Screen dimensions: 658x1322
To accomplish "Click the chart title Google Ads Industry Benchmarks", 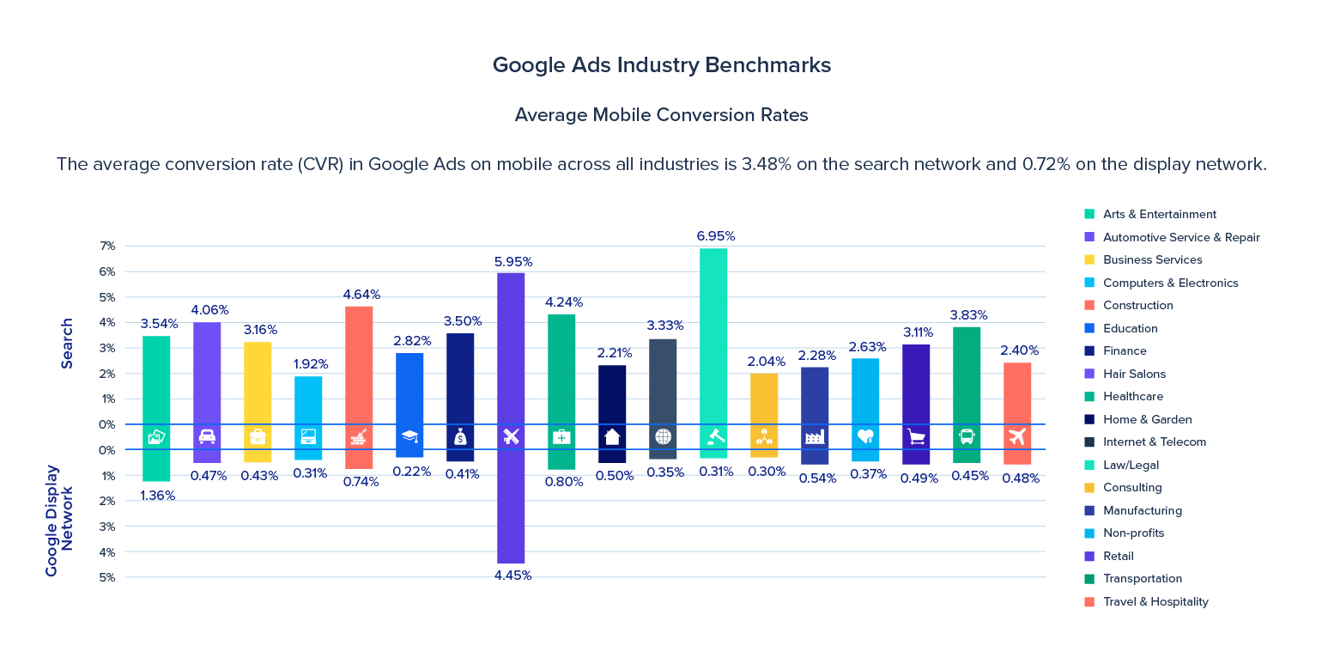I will (661, 65).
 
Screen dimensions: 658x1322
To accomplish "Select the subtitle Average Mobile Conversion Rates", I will (661, 115).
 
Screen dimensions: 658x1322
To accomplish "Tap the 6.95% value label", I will (715, 236).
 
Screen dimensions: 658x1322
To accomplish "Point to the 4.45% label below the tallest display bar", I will (512, 576).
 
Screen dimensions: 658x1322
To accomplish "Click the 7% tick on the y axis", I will (107, 247).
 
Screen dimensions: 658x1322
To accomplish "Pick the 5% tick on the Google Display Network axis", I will (107, 577).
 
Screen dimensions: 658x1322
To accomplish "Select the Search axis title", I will (67, 344).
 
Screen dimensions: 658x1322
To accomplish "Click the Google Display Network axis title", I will (60, 521).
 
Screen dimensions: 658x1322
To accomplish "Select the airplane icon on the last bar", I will (1017, 436).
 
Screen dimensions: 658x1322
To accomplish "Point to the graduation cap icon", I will (409, 436).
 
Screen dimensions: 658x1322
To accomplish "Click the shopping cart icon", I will (916, 436).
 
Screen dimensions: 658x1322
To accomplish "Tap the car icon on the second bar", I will (207, 436).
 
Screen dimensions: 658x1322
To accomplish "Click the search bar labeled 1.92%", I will (308, 399).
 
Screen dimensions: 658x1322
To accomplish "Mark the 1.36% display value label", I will (157, 496).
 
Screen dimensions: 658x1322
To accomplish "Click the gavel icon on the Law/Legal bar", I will (713, 436).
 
